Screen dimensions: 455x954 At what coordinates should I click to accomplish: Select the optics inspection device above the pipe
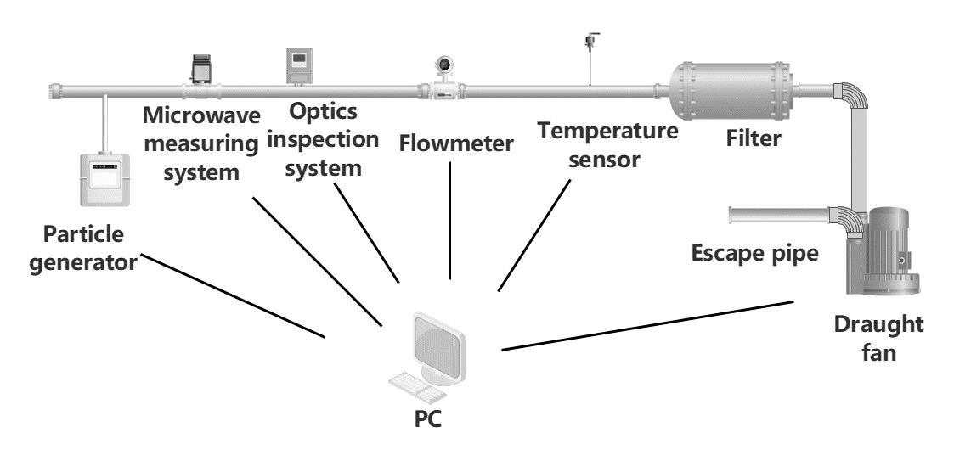(299, 64)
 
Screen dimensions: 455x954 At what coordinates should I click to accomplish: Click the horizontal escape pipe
(776, 214)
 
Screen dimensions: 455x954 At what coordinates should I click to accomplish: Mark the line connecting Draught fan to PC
(647, 325)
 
